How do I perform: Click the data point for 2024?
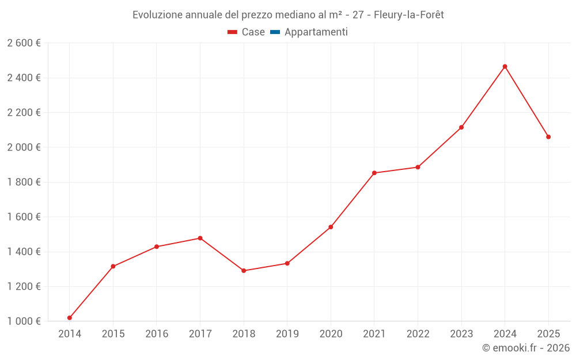505,66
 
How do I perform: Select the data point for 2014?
70,317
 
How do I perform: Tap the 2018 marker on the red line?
244,271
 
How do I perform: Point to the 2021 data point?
374,173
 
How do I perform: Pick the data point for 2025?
548,137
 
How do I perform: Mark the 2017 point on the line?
200,238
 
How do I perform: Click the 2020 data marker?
331,227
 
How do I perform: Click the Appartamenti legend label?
316,32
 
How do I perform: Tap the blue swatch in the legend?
275,32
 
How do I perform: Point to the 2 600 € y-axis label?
24,43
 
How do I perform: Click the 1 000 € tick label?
24,321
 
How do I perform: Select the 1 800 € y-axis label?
24,182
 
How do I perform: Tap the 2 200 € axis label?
24,112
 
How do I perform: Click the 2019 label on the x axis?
287,334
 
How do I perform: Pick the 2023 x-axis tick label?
461,334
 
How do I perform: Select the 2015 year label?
113,334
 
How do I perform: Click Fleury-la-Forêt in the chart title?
408,14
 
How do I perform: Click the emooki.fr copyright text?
526,348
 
